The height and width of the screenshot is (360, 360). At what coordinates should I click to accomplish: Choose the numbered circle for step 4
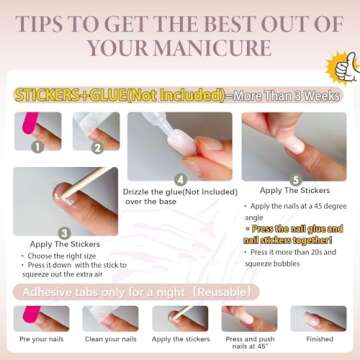[x=179, y=179]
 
